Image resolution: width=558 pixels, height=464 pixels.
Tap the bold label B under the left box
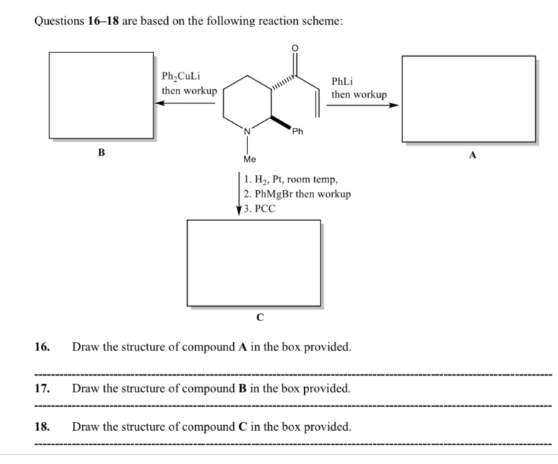101,152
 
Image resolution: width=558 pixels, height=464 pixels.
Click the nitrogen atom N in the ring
247,131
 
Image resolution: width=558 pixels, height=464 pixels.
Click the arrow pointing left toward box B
186,103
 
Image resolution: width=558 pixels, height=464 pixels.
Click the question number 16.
42,348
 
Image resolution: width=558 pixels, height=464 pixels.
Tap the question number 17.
42,389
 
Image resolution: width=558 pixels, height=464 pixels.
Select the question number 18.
42,427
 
